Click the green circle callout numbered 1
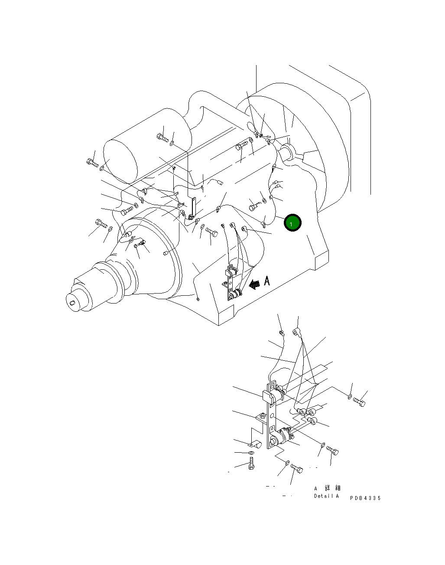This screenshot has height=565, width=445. (x=292, y=223)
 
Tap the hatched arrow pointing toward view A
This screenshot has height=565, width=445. (x=255, y=284)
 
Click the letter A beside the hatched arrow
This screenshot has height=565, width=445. (x=267, y=281)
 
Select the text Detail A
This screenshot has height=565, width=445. (x=326, y=496)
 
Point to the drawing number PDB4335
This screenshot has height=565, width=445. (x=365, y=498)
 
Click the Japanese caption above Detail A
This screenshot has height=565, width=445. (x=327, y=488)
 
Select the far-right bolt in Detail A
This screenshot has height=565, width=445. (x=360, y=402)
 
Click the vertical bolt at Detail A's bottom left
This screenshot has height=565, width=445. (x=251, y=464)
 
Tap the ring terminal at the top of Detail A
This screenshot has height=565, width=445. (x=297, y=333)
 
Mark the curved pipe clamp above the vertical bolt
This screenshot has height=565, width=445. (x=254, y=444)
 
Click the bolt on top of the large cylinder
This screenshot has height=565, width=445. (x=162, y=137)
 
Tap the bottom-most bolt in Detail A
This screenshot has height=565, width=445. (x=297, y=469)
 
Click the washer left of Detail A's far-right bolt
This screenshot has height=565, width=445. (x=350, y=396)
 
